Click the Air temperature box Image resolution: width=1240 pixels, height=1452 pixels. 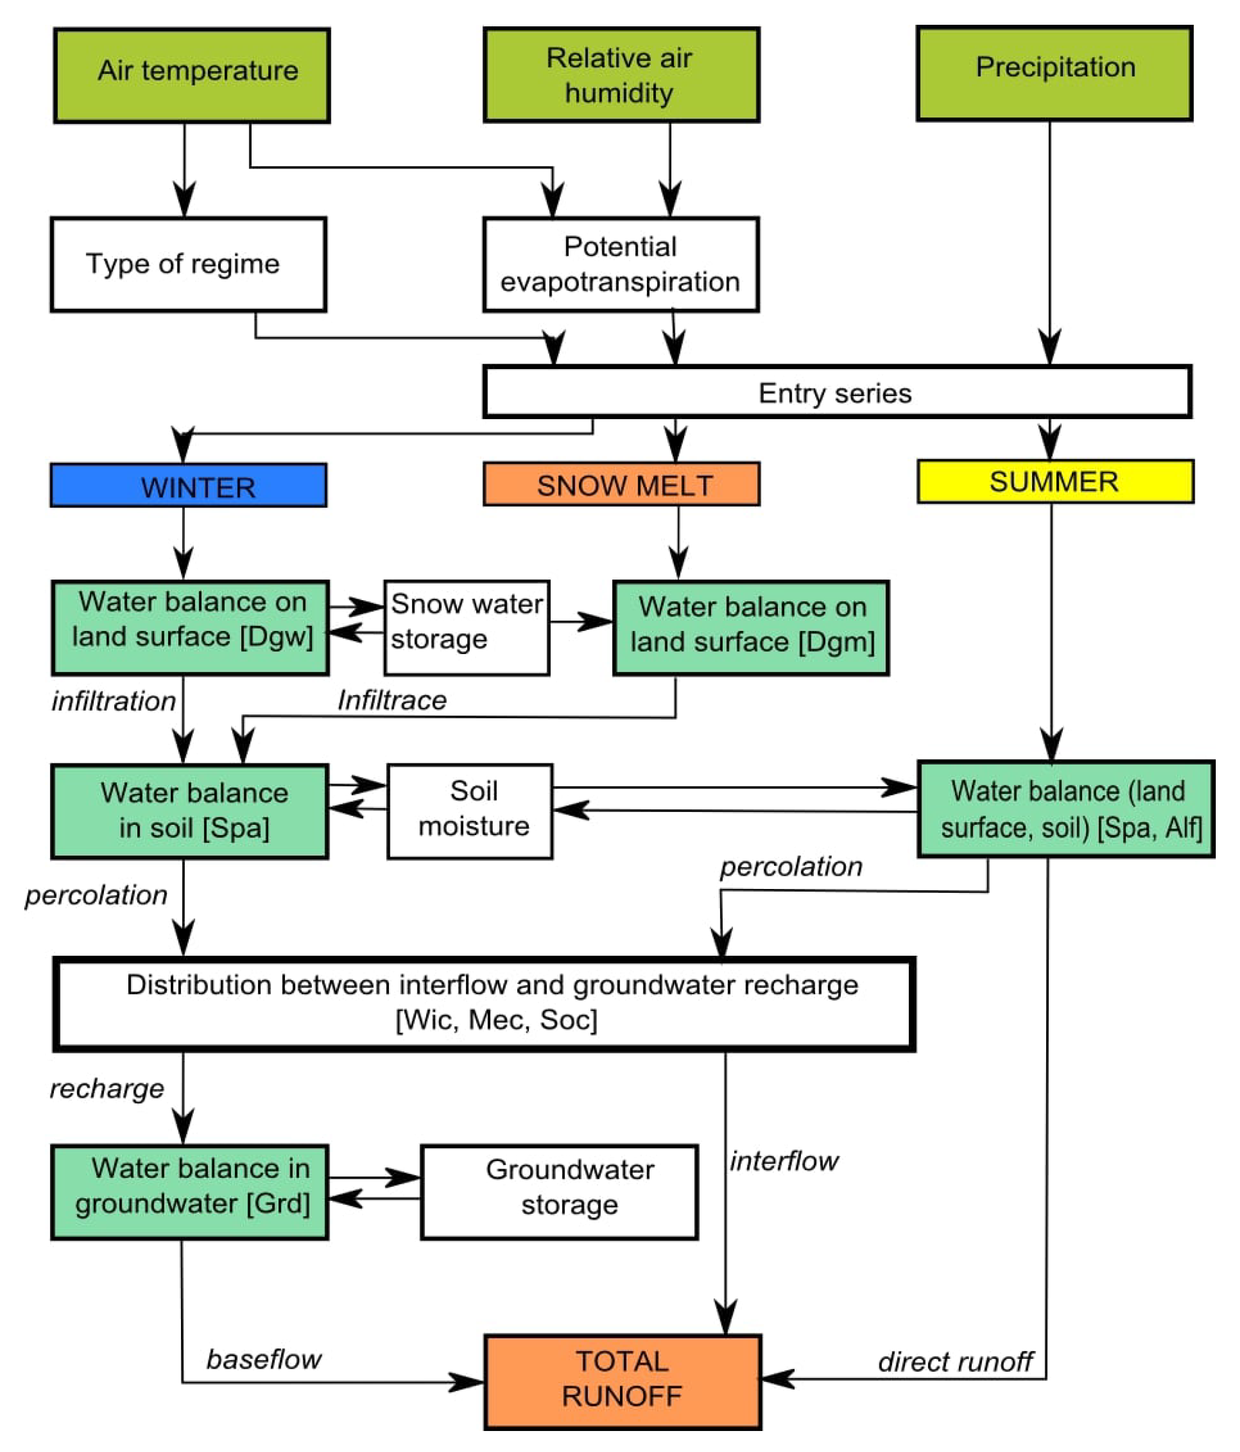pyautogui.click(x=192, y=75)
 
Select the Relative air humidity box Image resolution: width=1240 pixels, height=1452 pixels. pyautogui.click(x=622, y=75)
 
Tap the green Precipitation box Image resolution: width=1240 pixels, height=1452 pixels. pyautogui.click(x=1054, y=74)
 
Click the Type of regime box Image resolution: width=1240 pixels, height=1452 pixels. pyautogui.click(x=189, y=264)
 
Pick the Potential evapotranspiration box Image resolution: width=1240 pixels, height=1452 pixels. pyautogui.click(x=621, y=264)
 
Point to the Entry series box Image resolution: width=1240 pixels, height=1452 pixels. pyautogui.click(x=837, y=392)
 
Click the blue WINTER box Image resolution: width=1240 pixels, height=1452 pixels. pyautogui.click(x=189, y=485)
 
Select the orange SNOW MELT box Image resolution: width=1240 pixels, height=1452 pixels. pyautogui.click(x=622, y=483)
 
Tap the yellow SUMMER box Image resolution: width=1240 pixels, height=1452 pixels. pyautogui.click(x=1055, y=482)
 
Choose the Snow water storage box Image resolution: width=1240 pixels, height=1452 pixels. pyautogui.click(x=466, y=628)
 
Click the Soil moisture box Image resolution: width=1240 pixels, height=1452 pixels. pyautogui.click(x=470, y=811)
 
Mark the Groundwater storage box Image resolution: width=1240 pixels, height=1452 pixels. pyautogui.click(x=559, y=1193)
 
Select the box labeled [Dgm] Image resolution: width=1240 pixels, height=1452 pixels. pyautogui.click(x=751, y=628)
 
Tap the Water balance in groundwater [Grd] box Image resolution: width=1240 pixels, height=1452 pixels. pyautogui.click(x=190, y=1193)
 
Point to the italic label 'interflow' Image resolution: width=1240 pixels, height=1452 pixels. pyautogui.click(x=784, y=1161)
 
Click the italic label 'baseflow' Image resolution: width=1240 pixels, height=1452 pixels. pyautogui.click(x=263, y=1359)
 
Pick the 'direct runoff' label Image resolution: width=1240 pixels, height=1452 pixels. pyautogui.click(x=955, y=1361)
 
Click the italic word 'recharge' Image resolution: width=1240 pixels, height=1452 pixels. pyautogui.click(x=107, y=1088)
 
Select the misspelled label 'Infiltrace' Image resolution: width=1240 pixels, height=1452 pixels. pyautogui.click(x=392, y=699)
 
